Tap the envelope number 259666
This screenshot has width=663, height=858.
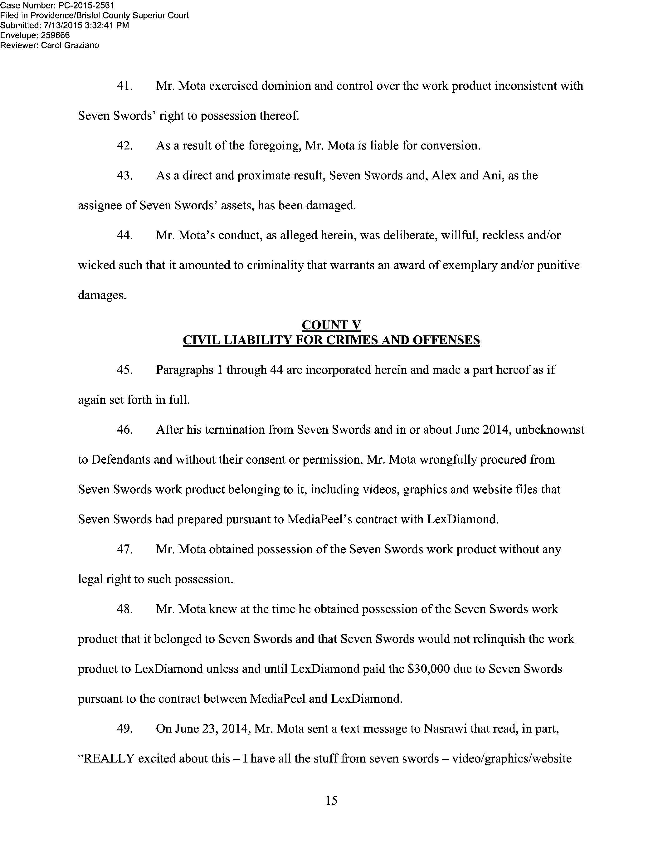56,35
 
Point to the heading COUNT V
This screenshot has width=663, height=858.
331,325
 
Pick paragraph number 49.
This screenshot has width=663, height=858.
124,729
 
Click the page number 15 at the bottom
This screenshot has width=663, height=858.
331,800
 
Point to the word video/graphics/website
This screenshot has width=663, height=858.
512,758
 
